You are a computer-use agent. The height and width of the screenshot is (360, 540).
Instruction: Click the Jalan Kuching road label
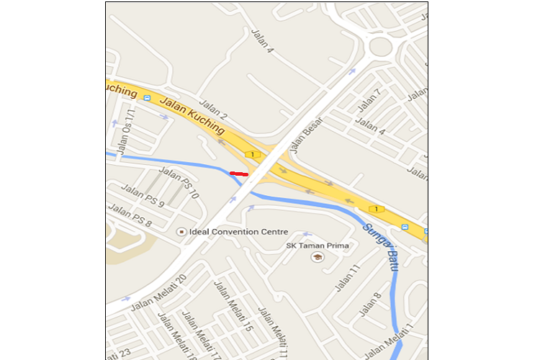click(x=192, y=115)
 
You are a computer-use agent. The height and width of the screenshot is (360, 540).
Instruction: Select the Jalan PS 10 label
click(x=179, y=181)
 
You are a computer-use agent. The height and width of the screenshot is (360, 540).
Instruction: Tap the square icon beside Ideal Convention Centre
click(x=181, y=232)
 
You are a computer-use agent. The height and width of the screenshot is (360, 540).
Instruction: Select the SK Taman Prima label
click(x=318, y=246)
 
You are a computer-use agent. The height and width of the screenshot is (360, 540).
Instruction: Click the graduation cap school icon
click(x=318, y=257)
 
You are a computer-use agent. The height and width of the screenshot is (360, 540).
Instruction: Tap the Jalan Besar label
click(x=306, y=135)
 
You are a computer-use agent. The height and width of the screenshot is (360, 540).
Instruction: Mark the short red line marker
click(x=238, y=174)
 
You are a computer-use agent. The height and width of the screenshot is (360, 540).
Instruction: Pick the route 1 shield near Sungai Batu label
click(x=374, y=209)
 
